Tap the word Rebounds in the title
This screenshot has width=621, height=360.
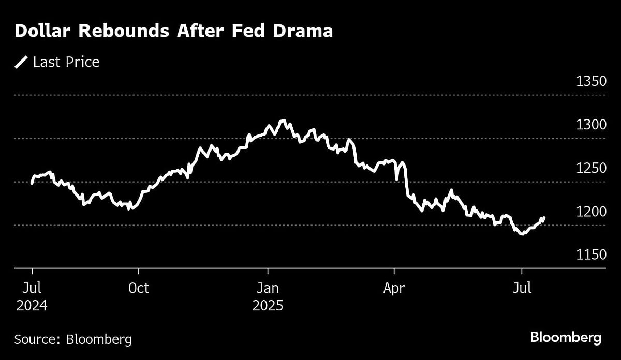click(x=124, y=31)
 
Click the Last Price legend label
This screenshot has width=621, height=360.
click(x=66, y=63)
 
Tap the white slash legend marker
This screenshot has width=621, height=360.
click(x=21, y=63)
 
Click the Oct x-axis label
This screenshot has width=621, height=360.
click(x=138, y=288)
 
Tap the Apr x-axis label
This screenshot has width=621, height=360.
click(x=394, y=288)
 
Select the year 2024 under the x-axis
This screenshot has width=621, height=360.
click(x=32, y=306)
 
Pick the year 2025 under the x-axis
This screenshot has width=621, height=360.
click(x=268, y=306)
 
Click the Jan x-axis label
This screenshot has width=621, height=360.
click(x=268, y=288)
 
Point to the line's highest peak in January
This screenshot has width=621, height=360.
click(x=282, y=121)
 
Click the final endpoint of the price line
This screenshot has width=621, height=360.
click(x=543, y=218)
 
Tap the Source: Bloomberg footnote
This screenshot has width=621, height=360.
click(x=73, y=339)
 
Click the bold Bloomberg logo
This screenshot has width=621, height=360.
click(x=566, y=338)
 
